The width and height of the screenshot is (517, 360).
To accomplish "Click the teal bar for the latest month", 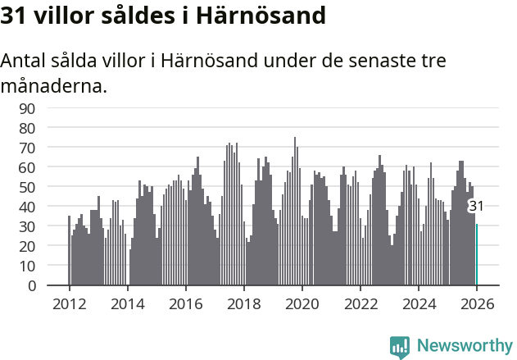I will coord(477,255).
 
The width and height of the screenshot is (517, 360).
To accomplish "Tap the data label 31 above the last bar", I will coord(476,206).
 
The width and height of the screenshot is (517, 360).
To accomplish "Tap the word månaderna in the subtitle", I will coord(54,84).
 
